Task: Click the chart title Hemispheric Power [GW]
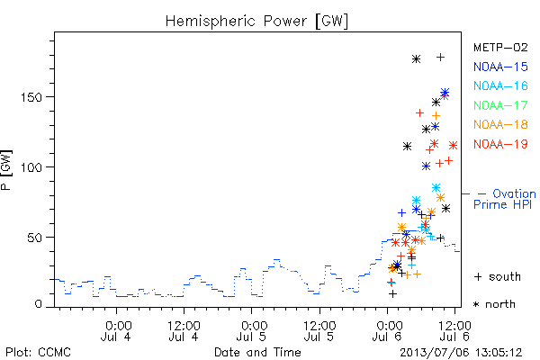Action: pos(256,22)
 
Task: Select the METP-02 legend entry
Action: pos(500,47)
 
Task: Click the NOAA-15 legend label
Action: pos(500,67)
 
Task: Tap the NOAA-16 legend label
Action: pos(500,85)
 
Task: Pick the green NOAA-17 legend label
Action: pos(500,105)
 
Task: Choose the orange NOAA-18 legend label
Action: pos(500,124)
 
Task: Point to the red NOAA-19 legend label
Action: pos(500,144)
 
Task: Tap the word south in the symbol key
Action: pos(505,276)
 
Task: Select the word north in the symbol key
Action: pos(500,304)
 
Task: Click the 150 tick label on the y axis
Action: pos(32,97)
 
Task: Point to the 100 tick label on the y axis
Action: pos(32,167)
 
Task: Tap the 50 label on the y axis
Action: pos(35,238)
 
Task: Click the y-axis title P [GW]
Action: pos(6,170)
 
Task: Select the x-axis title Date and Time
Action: pos(257,352)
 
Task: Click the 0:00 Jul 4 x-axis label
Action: pos(116,331)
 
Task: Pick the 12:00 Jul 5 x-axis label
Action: pos(319,331)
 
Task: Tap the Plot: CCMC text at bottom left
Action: pos(38,352)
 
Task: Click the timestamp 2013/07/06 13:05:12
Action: pos(461,353)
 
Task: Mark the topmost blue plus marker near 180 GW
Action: pos(440,58)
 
